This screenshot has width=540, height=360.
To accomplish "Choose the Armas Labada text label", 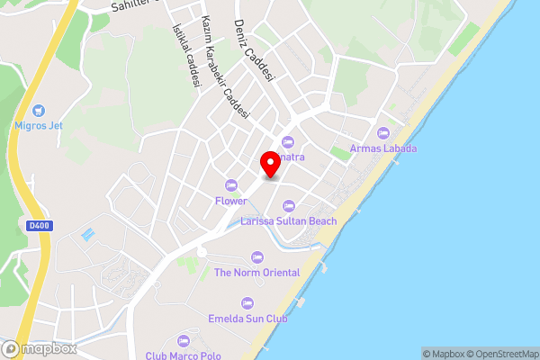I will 384,148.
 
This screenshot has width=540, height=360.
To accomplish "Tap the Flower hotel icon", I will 231,185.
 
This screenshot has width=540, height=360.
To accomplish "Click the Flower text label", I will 231,201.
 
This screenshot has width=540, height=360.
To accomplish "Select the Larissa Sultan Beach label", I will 289,221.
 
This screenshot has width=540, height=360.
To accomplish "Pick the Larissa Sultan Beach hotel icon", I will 289,206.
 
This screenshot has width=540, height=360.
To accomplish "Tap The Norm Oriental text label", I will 256,273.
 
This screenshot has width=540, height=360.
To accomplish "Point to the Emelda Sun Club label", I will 248,319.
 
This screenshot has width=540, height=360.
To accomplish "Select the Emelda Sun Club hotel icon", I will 248,303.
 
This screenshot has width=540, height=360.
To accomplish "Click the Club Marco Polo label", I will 183,355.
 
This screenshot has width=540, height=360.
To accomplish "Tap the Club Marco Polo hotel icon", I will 184,340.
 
